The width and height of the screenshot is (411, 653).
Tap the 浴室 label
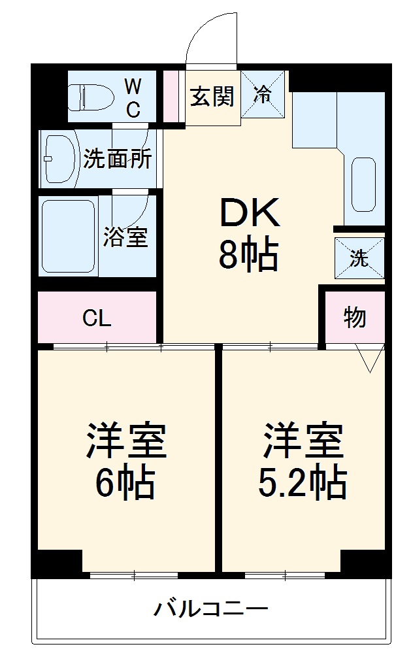point(125,237)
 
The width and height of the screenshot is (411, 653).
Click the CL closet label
point(97,318)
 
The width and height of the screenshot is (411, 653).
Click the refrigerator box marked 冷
point(263,95)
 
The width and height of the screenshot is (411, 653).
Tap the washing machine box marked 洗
point(359,258)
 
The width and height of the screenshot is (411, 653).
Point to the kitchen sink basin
point(364,184)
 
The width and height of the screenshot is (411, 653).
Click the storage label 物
point(355,318)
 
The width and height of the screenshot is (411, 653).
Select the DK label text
point(248,212)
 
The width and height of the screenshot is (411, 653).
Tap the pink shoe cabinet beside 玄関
point(171,95)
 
